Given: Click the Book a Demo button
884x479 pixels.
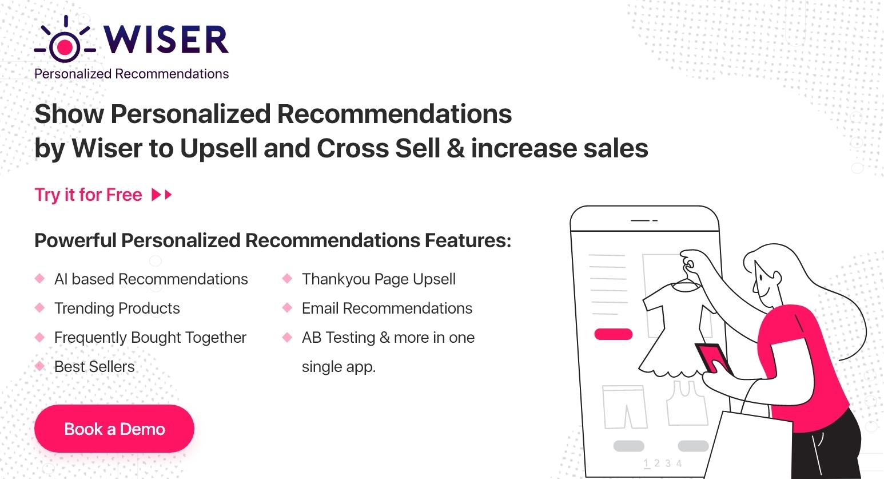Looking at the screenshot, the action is [114, 429].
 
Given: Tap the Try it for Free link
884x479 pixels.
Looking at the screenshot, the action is [88, 195].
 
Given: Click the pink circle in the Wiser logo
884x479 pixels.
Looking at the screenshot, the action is [65, 47].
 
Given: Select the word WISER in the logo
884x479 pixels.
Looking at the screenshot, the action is [166, 39].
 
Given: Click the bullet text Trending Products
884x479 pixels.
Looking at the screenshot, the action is [117, 308].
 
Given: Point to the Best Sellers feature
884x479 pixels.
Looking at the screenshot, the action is [94, 367].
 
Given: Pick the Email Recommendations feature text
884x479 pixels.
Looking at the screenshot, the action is [387, 308].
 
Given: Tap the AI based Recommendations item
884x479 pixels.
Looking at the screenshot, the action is [151, 279].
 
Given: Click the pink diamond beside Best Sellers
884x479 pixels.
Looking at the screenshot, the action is [40, 366].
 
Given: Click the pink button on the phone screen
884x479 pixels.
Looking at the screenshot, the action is [614, 334].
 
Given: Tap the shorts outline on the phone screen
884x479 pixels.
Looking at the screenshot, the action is [624, 407].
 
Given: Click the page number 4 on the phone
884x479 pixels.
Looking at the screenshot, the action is [679, 463].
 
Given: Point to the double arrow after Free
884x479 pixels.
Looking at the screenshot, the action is [162, 195].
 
